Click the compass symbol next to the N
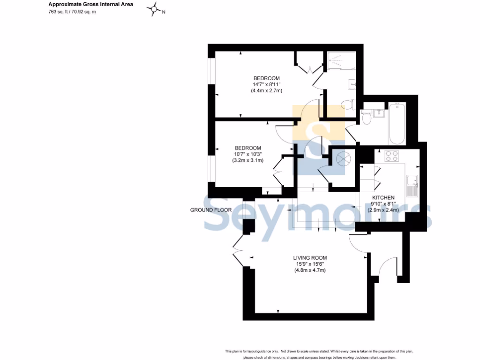click(x=154, y=10)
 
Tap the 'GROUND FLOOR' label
click(x=210, y=210)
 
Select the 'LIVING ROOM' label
click(x=310, y=258)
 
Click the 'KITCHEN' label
click(x=383, y=197)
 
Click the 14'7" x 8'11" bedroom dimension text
click(x=266, y=84)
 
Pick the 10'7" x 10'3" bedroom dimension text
click(x=247, y=154)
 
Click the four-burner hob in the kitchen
click(x=391, y=156)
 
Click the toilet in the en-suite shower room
click(x=348, y=105)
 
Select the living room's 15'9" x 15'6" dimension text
click(x=310, y=264)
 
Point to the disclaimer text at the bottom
click(x=319, y=354)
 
